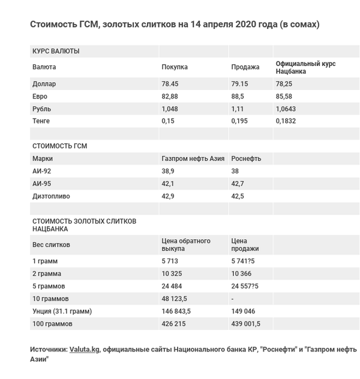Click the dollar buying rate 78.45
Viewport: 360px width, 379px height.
click(x=170, y=84)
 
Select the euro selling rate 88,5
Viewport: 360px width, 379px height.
click(x=239, y=97)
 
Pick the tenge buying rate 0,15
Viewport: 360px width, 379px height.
click(x=168, y=121)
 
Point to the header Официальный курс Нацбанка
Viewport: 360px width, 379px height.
click(x=305, y=67)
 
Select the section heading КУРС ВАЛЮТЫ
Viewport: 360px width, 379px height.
click(x=55, y=51)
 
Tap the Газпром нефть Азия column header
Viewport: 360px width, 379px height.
click(x=193, y=158)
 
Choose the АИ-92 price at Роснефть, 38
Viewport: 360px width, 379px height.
click(x=235, y=171)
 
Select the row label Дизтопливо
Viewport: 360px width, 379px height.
click(x=50, y=196)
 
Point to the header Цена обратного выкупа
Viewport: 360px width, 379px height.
click(x=186, y=245)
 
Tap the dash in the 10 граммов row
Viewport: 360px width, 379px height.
click(x=233, y=298)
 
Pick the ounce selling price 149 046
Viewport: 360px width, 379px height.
click(x=244, y=311)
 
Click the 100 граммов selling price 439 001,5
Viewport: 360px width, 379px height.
click(x=248, y=323)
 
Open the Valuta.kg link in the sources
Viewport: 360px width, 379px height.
click(x=84, y=349)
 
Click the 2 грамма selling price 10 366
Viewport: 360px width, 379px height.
click(x=242, y=273)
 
